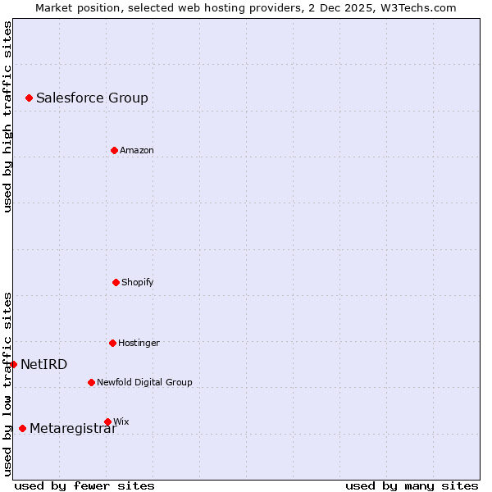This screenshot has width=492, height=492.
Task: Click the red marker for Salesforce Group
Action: tap(29, 98)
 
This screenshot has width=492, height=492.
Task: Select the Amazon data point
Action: tap(114, 150)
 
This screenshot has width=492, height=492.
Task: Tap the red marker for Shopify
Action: tap(116, 282)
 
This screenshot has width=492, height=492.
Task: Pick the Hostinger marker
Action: tap(112, 343)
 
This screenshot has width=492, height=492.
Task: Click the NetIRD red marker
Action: tap(13, 364)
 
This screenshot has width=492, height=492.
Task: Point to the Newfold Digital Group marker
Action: tap(91, 382)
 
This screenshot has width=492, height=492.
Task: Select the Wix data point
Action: tap(107, 421)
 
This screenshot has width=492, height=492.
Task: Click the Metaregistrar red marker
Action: tap(22, 428)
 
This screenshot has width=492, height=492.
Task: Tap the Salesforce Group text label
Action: tap(92, 98)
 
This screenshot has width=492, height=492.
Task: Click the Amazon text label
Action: tap(136, 151)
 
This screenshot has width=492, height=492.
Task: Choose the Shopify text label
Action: tap(137, 283)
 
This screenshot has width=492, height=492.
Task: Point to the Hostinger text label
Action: tap(139, 344)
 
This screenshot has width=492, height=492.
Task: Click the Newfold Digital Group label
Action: tap(144, 383)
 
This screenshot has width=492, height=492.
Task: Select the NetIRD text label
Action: tap(44, 365)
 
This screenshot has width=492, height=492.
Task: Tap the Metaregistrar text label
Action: tap(73, 429)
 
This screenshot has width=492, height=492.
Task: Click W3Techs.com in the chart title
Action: tap(422, 7)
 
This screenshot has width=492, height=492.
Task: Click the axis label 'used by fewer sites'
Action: tap(84, 485)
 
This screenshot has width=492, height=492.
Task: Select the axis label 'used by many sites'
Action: tap(412, 485)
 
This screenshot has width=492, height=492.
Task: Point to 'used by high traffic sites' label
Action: tap(7, 116)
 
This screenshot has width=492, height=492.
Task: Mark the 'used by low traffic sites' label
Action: tap(7, 383)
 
